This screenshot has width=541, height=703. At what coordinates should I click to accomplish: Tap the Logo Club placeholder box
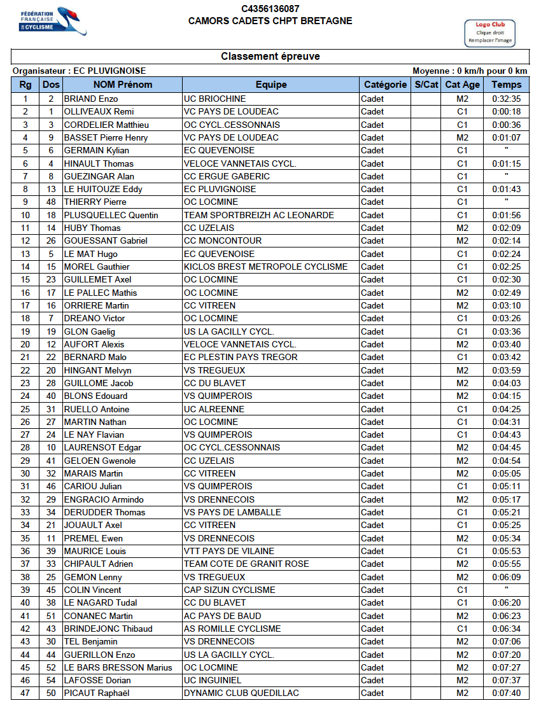tap(490, 32)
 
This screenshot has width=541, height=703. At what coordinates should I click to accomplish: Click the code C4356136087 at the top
tap(270, 9)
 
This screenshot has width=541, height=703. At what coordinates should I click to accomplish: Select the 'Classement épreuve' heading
tap(270, 57)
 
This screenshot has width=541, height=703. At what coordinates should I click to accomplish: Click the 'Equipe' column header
tap(271, 85)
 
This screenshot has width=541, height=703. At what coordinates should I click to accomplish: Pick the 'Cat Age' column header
tap(463, 85)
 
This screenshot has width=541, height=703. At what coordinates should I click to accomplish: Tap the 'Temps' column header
tap(507, 85)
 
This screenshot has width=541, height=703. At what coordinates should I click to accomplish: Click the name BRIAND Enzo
tap(91, 99)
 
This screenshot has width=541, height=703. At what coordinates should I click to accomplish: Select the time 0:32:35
tap(507, 99)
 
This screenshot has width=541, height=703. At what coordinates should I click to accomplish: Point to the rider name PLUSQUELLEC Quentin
tap(111, 215)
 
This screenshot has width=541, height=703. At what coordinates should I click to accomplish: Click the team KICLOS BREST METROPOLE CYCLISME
tap(265, 267)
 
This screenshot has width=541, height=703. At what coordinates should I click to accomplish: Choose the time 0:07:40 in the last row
tap(507, 693)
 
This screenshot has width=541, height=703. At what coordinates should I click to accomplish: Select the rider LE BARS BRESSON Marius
tap(118, 667)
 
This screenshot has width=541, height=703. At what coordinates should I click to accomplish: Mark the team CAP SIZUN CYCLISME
tap(230, 590)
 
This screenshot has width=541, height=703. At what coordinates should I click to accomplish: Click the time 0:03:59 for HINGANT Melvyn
tap(507, 370)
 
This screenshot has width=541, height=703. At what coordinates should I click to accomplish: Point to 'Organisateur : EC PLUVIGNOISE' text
tap(79, 71)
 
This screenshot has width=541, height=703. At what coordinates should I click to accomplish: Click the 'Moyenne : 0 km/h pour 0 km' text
tap(470, 71)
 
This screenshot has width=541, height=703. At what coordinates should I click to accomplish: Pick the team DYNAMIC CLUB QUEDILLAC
tap(241, 693)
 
